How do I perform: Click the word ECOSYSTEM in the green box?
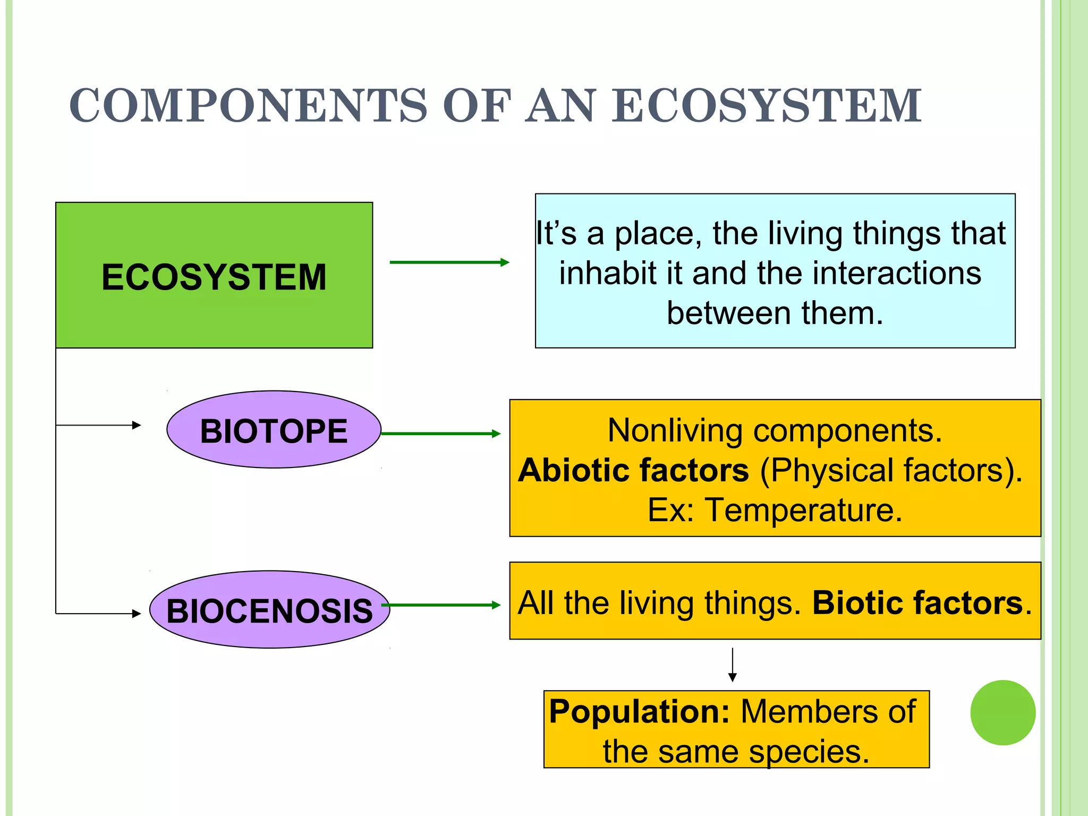click(214, 277)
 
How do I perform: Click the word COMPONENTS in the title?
click(248, 106)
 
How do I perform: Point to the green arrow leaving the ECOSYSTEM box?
click(449, 262)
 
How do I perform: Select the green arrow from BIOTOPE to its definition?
click(441, 434)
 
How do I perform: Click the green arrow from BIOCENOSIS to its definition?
click(441, 605)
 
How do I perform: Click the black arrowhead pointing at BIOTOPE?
click(137, 425)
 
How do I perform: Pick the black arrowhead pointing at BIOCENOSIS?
click(137, 614)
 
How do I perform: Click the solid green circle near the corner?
click(1002, 713)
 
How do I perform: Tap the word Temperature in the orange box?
click(803, 511)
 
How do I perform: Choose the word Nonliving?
click(674, 430)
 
